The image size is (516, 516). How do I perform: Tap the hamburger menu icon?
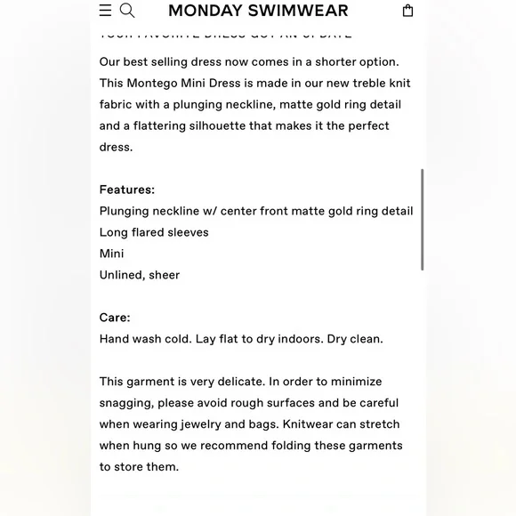(105, 11)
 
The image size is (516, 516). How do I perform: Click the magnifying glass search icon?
(127, 11)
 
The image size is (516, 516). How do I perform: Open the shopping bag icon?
(407, 11)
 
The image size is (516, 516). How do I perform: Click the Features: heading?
(127, 189)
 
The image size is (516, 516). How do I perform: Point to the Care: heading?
(115, 318)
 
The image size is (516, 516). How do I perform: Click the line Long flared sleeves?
(154, 232)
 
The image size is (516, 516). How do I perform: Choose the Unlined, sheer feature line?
(140, 275)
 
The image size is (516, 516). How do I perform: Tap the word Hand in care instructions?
(115, 339)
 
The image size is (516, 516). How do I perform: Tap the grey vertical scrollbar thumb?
(422, 219)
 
